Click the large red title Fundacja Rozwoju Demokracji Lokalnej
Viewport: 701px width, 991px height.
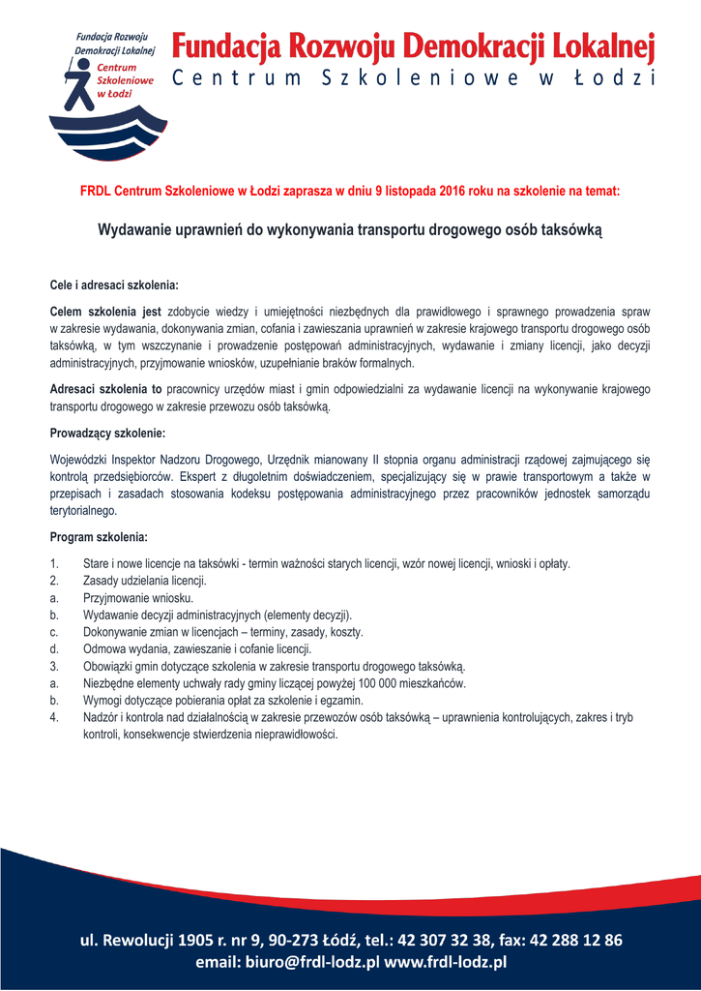click(414, 46)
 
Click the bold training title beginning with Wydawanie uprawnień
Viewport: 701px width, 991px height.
click(350, 231)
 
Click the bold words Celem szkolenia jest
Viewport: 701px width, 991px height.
click(105, 312)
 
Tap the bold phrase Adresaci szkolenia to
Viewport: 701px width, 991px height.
click(105, 389)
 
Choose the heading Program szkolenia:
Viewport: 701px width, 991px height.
click(99, 536)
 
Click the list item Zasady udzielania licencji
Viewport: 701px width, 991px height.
click(145, 580)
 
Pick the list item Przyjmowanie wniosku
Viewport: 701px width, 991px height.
click(139, 597)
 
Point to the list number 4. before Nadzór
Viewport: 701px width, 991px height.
click(54, 718)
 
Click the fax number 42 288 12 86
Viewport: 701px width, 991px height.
click(574, 940)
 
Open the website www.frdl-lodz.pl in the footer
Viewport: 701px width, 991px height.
click(446, 962)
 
